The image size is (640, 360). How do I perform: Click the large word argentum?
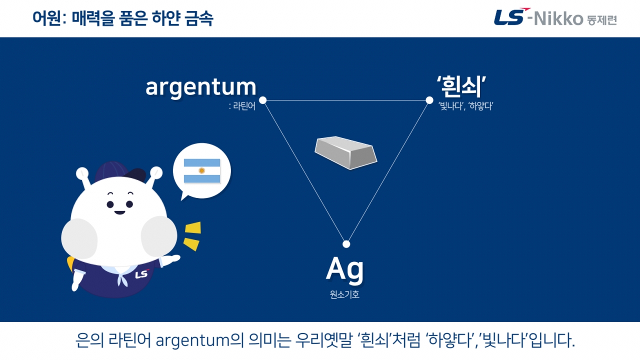pos(201,87)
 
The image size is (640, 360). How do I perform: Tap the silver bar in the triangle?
pos(345,152)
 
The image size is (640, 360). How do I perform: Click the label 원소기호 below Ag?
pos(344,294)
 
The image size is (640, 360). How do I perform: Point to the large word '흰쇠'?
pos(461,86)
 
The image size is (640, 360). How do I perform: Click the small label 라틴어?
pos(244,106)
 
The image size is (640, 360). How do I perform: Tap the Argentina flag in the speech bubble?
pos(202,171)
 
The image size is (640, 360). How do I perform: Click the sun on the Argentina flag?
pos(202,171)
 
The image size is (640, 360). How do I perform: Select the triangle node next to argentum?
pos(263,100)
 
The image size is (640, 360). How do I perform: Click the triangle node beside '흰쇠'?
pos(429,100)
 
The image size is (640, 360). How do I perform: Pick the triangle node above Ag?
pos(346,244)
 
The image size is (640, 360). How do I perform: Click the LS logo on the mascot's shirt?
pos(142,274)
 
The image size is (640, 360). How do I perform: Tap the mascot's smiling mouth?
pos(119,212)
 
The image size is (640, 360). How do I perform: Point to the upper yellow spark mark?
pos(193,227)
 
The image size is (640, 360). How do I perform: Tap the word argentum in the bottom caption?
pos(192,341)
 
